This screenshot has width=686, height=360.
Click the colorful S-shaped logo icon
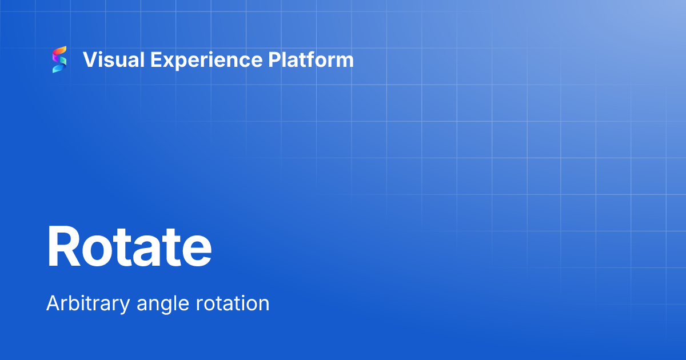(59, 59)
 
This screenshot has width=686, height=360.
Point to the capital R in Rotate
(63, 247)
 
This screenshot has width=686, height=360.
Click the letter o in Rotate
(97, 251)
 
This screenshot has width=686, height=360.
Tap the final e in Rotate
(196, 251)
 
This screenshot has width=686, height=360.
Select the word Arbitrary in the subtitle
(88, 303)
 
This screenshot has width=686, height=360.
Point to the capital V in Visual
(89, 59)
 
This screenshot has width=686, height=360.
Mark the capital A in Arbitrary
(52, 303)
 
